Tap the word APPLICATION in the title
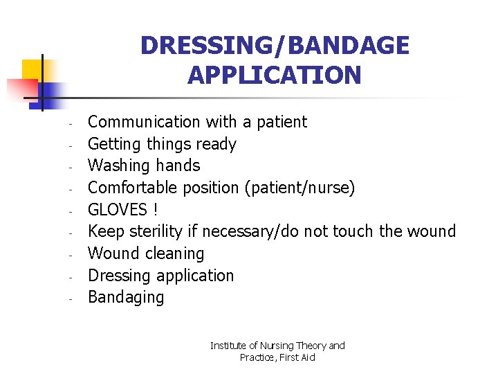[275, 75]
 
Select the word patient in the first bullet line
[282, 123]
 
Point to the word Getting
[114, 145]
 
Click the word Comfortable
[133, 188]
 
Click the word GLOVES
[118, 210]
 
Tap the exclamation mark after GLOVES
[155, 210]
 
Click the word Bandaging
[126, 298]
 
